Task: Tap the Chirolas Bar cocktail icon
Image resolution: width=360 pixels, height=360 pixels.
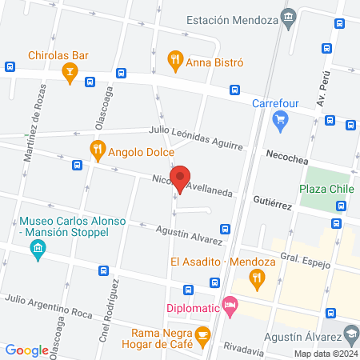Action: coord(70,74)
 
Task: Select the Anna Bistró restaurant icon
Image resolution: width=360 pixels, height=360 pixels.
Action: coord(174,59)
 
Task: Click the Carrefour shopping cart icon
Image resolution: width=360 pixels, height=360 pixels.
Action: coord(279,121)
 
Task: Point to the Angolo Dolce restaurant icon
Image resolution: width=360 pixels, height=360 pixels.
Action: coord(98,148)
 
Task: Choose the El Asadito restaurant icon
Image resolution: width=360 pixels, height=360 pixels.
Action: coord(257,279)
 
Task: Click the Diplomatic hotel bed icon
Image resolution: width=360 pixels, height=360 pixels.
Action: coord(230,305)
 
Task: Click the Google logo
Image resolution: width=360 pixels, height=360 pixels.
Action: coord(26,350)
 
